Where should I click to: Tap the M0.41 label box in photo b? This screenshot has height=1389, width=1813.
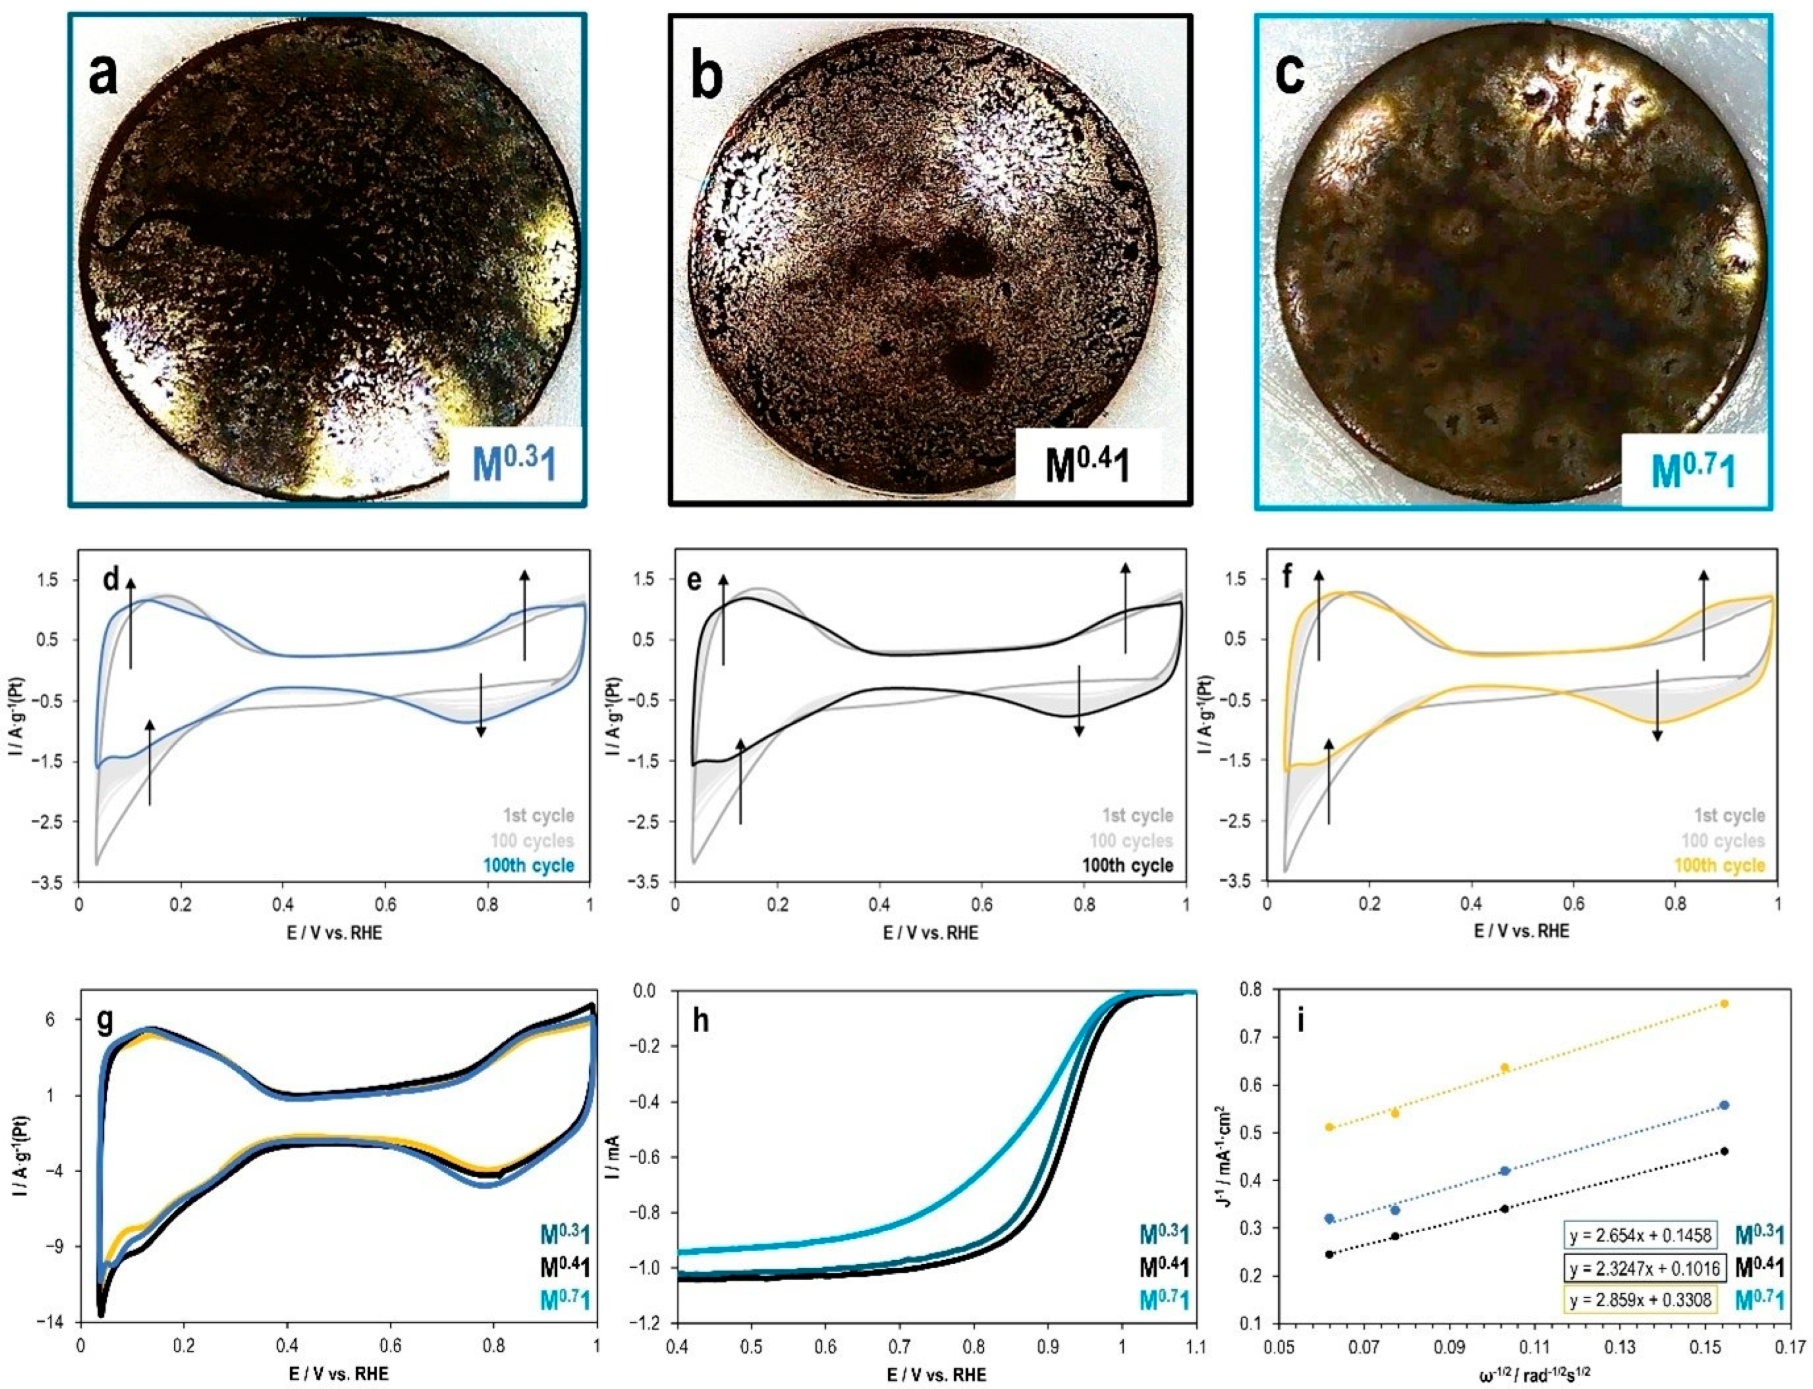pyautogui.click(x=1087, y=465)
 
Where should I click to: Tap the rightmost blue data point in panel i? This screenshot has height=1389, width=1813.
pyautogui.click(x=1724, y=1105)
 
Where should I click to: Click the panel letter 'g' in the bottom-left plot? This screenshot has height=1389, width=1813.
pyautogui.click(x=106, y=1022)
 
